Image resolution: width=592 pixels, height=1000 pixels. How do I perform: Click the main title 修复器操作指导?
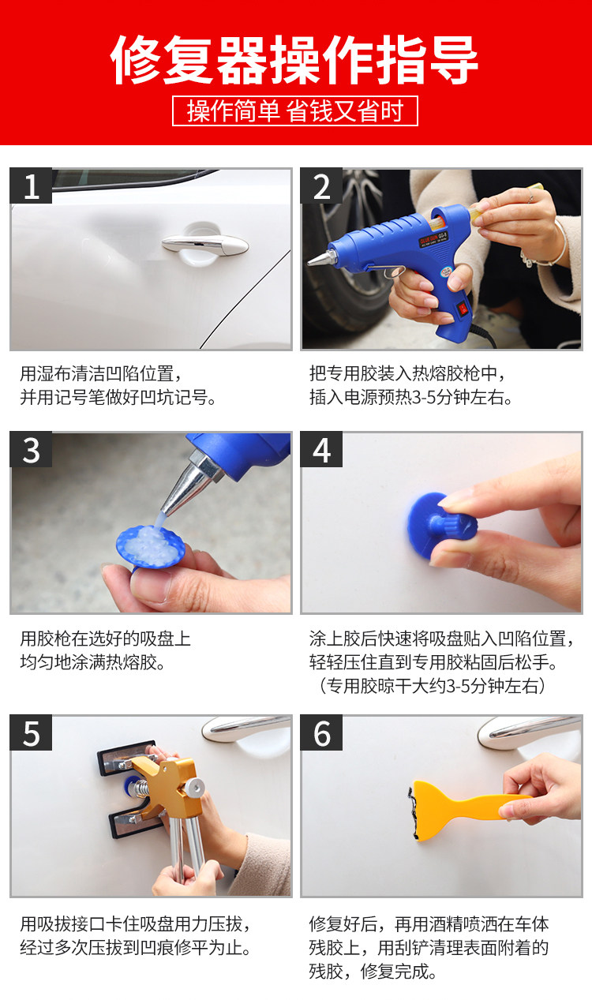coord(294,60)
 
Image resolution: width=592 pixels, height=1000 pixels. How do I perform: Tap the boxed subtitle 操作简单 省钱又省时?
coord(295,110)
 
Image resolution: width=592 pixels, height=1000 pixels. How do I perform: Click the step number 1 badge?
coord(31,185)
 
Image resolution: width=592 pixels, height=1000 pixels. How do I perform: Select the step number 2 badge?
coord(321,185)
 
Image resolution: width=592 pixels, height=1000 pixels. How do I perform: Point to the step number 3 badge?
coord(31,450)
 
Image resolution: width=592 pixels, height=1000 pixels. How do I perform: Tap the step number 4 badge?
coord(321,450)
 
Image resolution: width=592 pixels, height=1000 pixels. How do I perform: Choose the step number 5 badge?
coord(31,733)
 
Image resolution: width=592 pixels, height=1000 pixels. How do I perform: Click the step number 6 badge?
coord(321,733)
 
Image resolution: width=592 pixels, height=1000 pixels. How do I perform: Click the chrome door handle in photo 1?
coord(205,244)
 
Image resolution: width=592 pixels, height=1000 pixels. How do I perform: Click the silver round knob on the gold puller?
coord(195,787)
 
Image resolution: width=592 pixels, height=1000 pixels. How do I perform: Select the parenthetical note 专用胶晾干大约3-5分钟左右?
coord(431,685)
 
